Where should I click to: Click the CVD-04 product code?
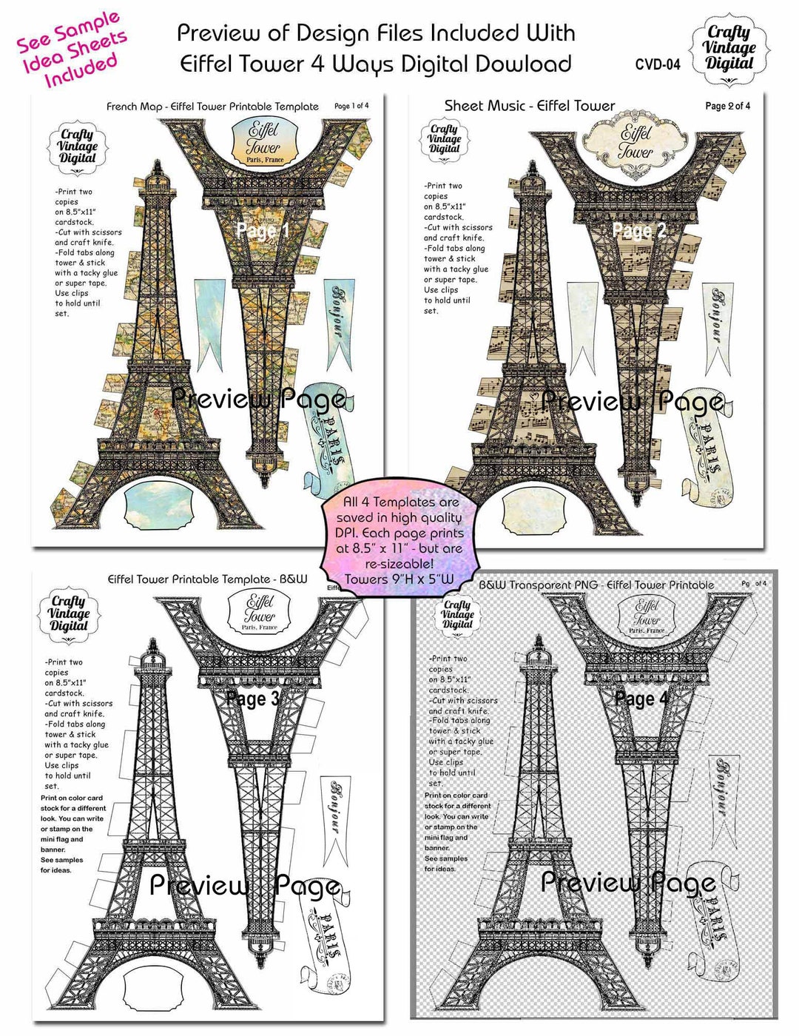point(657,64)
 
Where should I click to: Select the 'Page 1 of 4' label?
point(351,106)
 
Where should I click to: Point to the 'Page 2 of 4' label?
point(727,106)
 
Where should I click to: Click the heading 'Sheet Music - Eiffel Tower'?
point(530,106)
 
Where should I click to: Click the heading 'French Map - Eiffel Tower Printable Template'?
point(212,107)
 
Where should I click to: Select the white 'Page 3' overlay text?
point(252,699)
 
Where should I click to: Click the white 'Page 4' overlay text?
point(641,699)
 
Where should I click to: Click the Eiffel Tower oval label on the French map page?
point(263,143)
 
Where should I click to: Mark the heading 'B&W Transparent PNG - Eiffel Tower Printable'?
point(596,585)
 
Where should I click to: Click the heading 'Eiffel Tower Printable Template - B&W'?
point(207,579)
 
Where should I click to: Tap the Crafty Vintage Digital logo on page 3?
point(68,613)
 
